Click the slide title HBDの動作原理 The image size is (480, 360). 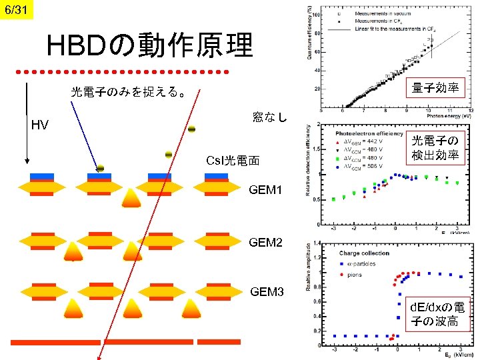pyautogui.click(x=150, y=46)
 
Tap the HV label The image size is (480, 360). pyautogui.click(x=40, y=125)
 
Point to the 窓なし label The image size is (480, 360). pyautogui.click(x=271, y=117)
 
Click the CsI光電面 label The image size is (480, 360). pyautogui.click(x=233, y=161)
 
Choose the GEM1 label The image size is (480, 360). pyautogui.click(x=266, y=190)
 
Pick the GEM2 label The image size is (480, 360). pyautogui.click(x=266, y=241)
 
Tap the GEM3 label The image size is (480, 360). pyautogui.click(x=267, y=292)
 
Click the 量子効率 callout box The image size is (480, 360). pyautogui.click(x=437, y=87)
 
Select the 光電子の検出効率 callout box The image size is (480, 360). pyautogui.click(x=435, y=148)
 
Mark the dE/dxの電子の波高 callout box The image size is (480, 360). pyautogui.click(x=438, y=315)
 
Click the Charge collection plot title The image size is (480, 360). pyautogui.click(x=365, y=253)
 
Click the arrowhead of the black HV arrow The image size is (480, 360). pyautogui.click(x=27, y=161)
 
